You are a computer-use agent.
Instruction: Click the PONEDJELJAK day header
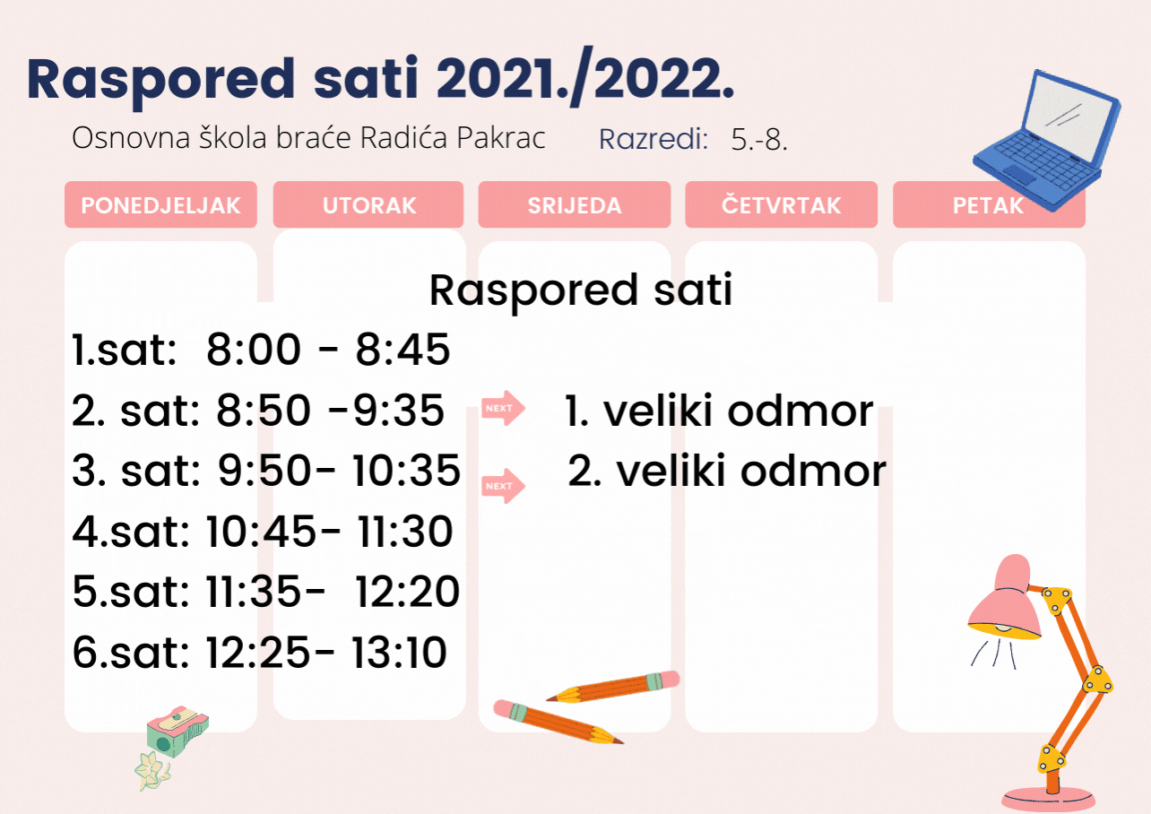click(160, 204)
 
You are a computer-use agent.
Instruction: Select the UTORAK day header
click(368, 204)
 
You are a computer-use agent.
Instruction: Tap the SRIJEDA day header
click(575, 204)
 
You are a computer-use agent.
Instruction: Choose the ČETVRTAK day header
click(781, 204)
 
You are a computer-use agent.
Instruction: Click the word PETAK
click(988, 205)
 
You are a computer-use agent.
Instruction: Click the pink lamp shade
click(1005, 599)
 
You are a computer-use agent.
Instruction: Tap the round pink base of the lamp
click(1048, 800)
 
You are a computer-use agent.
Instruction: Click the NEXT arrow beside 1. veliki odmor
click(503, 408)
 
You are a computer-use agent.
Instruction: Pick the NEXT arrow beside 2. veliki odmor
click(503, 486)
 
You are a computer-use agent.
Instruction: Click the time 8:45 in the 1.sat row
click(402, 350)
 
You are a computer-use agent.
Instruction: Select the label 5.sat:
click(131, 592)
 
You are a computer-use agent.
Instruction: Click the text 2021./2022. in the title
click(585, 78)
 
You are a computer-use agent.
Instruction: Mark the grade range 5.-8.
click(759, 139)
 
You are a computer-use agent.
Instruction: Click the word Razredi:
click(653, 139)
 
